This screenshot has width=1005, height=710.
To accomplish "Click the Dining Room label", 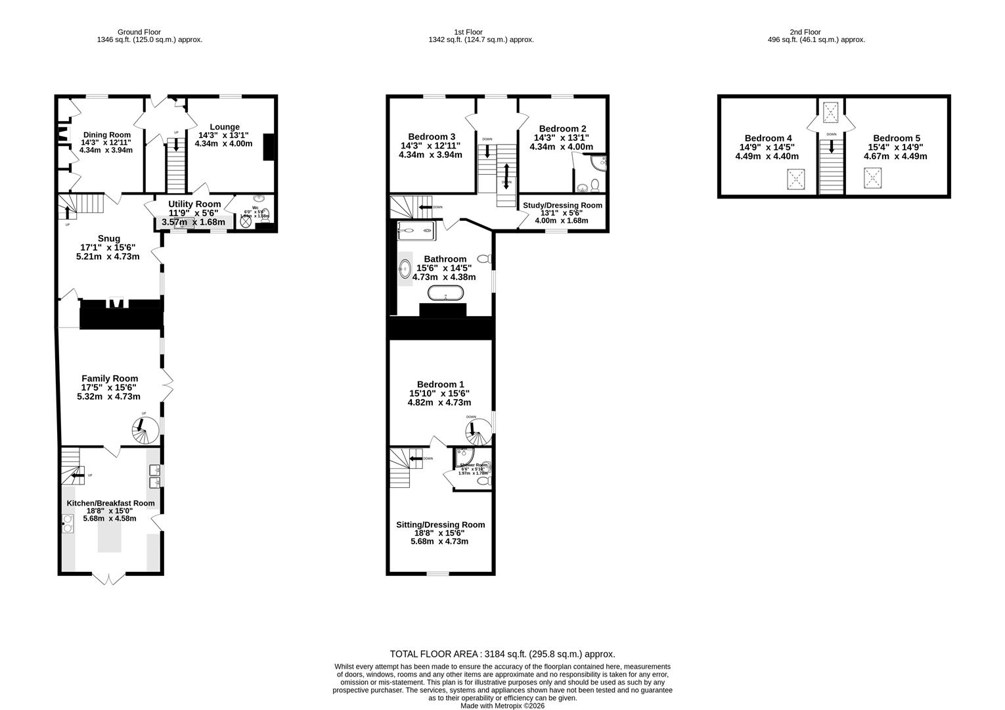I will click(106, 135).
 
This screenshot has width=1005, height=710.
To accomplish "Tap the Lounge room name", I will click(225, 127).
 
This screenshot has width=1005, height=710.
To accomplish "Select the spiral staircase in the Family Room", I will click(143, 430).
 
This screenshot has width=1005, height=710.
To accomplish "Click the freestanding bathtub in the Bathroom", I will click(445, 293).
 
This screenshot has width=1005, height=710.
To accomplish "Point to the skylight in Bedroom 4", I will click(797, 179).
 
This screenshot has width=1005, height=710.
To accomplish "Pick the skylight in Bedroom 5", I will click(873, 177).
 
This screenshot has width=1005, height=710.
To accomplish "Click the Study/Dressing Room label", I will click(562, 205).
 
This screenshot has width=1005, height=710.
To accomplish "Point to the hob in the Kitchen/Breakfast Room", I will click(68, 523).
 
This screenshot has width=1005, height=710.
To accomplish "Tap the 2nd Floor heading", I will click(805, 32).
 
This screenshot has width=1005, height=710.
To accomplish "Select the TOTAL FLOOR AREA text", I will click(502, 654).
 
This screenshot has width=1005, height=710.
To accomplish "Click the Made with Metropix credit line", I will click(502, 706).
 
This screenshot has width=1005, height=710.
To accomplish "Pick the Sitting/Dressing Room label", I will click(440, 525).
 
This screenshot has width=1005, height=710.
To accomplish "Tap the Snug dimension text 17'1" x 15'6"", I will click(108, 247).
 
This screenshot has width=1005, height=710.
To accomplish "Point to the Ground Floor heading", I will click(139, 32).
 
